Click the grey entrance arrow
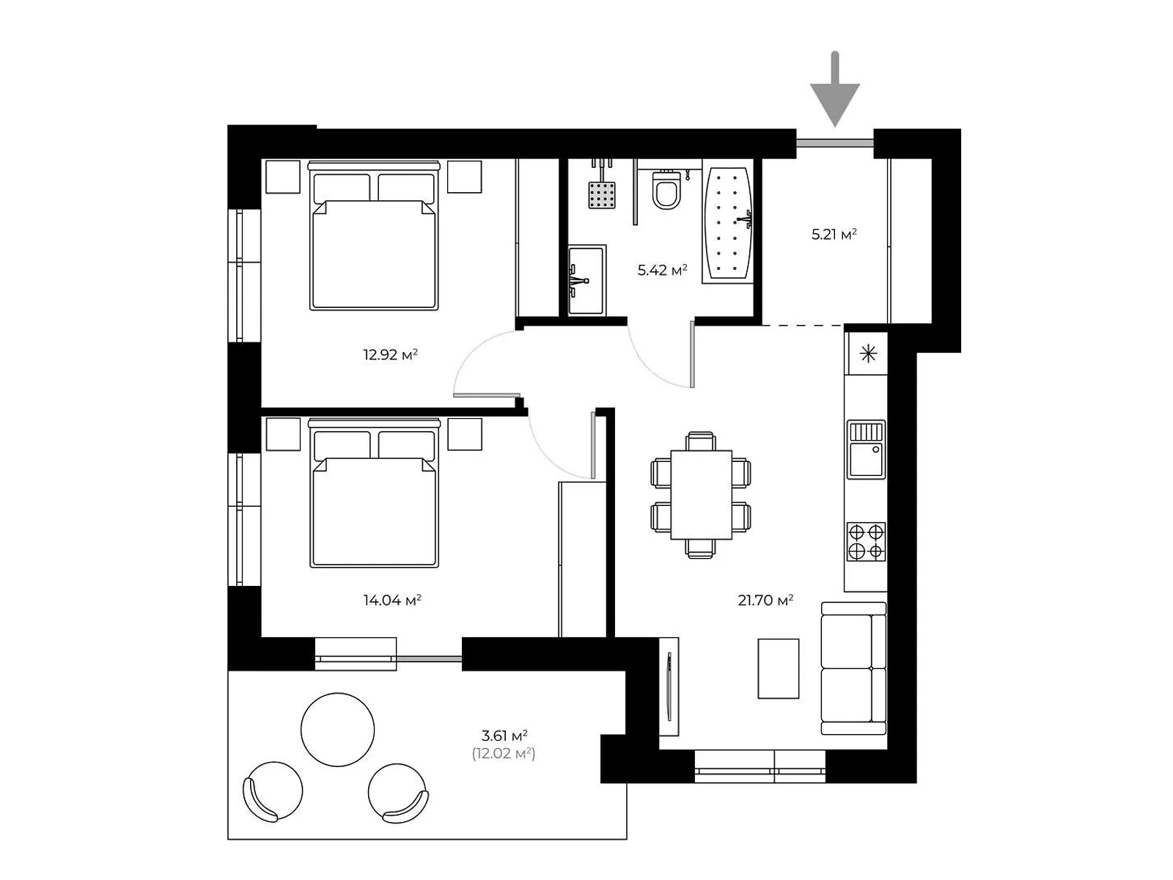pyautogui.click(x=834, y=92)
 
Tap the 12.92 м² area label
pyautogui.click(x=390, y=355)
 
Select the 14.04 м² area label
pyautogui.click(x=391, y=601)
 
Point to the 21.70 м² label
pyautogui.click(x=765, y=601)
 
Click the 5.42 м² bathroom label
pyautogui.click(x=662, y=271)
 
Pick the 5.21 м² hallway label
pyautogui.click(x=834, y=235)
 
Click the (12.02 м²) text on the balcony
pyautogui.click(x=504, y=753)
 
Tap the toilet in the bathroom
pyautogui.click(x=666, y=189)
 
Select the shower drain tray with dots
pyautogui.click(x=601, y=195)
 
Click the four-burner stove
pyautogui.click(x=866, y=541)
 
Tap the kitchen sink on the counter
pyautogui.click(x=866, y=449)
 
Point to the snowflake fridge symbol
pyautogui.click(x=868, y=355)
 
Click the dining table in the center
pyautogui.click(x=701, y=494)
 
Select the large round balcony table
pyautogui.click(x=337, y=730)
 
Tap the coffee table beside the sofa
pyautogui.click(x=778, y=668)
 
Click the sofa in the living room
pyautogui.click(x=853, y=667)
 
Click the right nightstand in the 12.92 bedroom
pyautogui.click(x=464, y=177)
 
